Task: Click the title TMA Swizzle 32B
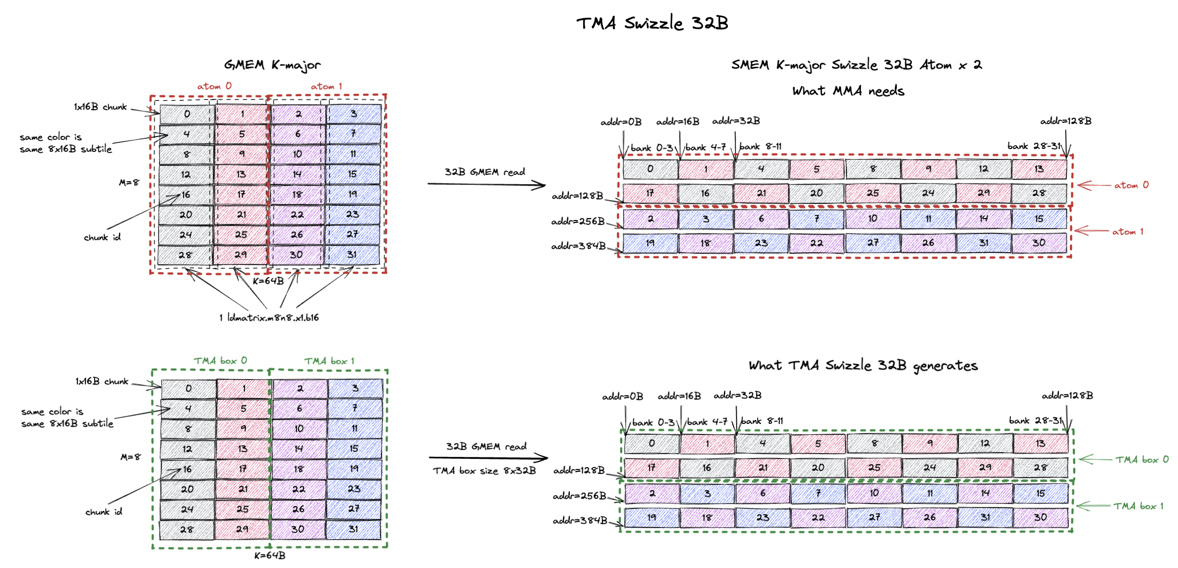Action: pos(652,23)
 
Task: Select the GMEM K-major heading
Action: pos(272,65)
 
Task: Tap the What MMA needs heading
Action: pos(848,91)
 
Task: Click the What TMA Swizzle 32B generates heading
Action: pos(863,366)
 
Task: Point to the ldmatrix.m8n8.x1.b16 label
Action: pos(269,318)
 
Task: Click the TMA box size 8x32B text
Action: pos(484,471)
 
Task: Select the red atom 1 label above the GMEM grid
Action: pos(326,86)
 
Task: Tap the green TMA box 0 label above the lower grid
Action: pos(221,361)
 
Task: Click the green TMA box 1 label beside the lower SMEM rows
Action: pos(1138,506)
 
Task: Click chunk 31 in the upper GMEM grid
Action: pos(352,255)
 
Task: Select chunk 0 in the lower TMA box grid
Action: pos(188,388)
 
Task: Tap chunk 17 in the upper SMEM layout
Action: pos(650,193)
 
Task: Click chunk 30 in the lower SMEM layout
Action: pos(1040,518)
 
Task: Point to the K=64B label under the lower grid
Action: pos(270,556)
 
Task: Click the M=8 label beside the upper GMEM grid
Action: pos(129,183)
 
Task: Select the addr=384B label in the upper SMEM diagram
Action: pos(578,246)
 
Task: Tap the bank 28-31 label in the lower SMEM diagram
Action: pos(1035,420)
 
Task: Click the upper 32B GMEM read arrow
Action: pos(486,184)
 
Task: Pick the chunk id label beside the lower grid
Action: pos(104,512)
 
